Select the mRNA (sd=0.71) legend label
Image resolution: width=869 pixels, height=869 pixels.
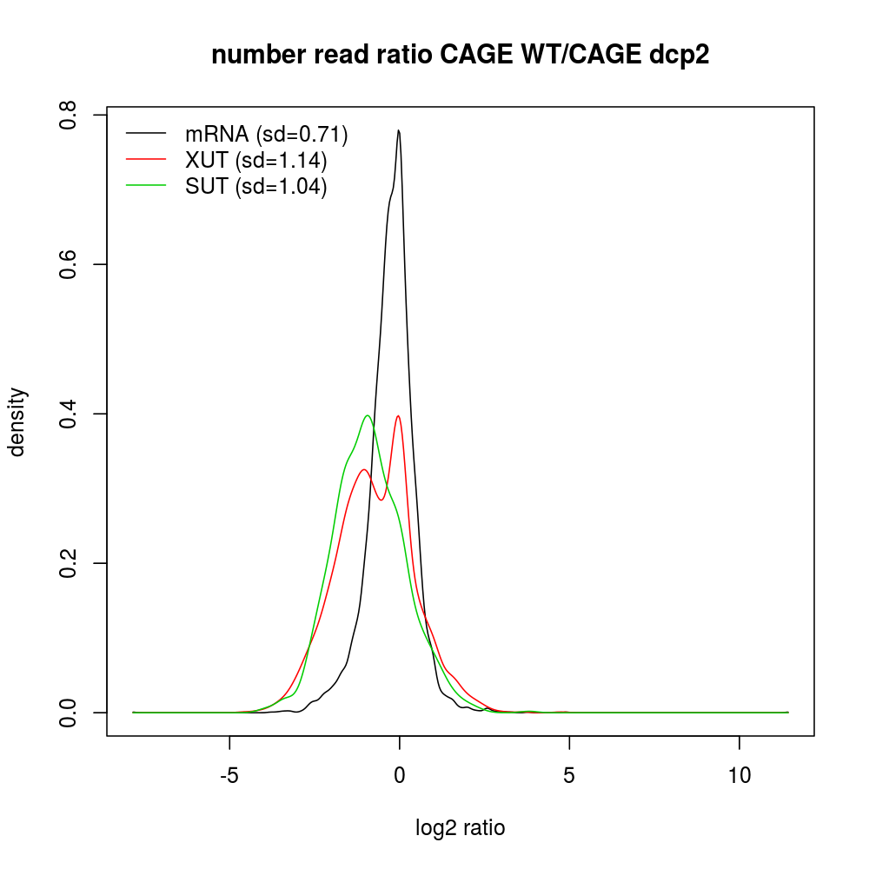pyautogui.click(x=266, y=134)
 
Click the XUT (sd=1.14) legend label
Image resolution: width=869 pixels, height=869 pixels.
pyautogui.click(x=255, y=160)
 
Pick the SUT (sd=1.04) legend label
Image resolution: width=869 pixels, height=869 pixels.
pyautogui.click(x=255, y=187)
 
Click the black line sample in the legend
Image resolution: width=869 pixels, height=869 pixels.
pyautogui.click(x=146, y=133)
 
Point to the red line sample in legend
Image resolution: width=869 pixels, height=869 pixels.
pyautogui.click(x=146, y=159)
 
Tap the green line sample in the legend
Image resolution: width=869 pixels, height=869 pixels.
pyautogui.click(x=146, y=186)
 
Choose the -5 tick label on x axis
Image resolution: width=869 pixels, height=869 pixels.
pyautogui.click(x=229, y=774)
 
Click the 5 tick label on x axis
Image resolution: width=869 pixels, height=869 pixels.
pyautogui.click(x=569, y=774)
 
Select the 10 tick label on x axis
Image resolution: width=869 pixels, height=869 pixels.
pyautogui.click(x=739, y=774)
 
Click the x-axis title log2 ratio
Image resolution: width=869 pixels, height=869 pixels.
pyautogui.click(x=461, y=828)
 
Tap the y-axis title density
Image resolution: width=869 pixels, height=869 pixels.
pyautogui.click(x=19, y=421)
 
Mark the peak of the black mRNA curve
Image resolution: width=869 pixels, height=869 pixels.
pyautogui.click(x=399, y=130)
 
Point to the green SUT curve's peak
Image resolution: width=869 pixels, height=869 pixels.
pyautogui.click(x=368, y=415)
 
